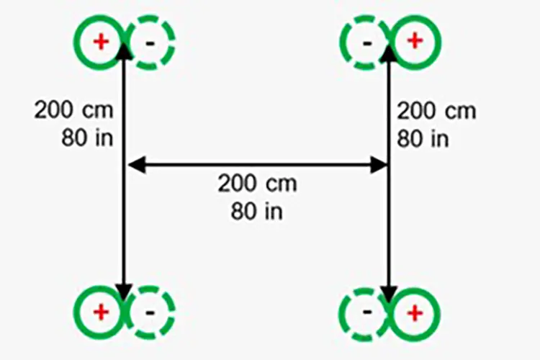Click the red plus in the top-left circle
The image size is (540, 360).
(101, 42)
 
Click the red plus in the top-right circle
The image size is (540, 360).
(415, 41)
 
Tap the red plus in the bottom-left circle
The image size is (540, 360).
(101, 312)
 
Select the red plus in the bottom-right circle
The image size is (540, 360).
(415, 313)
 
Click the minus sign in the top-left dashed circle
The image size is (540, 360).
(150, 43)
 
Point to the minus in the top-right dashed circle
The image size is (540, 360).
(367, 43)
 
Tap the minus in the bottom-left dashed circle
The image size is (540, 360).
(150, 312)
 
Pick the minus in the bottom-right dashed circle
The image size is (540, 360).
(367, 312)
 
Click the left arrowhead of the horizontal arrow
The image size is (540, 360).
(137, 165)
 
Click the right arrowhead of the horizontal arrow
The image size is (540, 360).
(379, 165)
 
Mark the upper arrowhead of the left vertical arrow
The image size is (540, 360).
(124, 51)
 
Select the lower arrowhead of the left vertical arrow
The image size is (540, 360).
(124, 294)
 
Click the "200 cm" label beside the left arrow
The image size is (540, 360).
(73, 110)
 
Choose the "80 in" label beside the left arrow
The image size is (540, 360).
(87, 138)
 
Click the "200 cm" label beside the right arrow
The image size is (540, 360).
(437, 111)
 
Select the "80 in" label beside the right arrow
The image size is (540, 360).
(423, 139)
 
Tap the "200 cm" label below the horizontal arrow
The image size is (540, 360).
(257, 184)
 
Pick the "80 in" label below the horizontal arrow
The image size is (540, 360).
(257, 211)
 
